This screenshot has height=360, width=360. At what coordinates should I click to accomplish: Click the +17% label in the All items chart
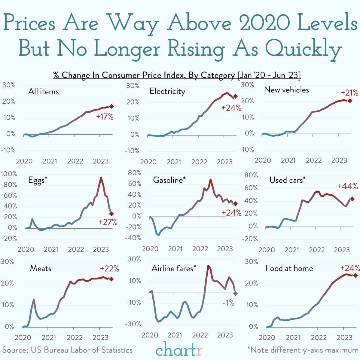point(105,117)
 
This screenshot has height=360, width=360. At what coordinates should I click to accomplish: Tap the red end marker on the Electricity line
point(236,96)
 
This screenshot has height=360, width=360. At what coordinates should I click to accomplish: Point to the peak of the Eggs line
point(101,178)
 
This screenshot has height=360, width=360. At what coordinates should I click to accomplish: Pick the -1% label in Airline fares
point(228,303)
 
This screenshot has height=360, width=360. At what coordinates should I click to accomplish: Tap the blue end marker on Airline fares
point(235,294)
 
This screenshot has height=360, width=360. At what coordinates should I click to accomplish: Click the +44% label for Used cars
point(347,186)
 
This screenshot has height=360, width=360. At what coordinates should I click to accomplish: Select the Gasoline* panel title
point(169,180)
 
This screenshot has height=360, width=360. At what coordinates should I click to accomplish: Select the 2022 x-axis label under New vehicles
point(314,160)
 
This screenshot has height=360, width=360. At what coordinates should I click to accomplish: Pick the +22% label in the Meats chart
point(109,268)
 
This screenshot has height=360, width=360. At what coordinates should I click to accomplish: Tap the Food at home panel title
point(289,268)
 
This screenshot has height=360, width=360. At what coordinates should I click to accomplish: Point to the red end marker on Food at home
point(355,275)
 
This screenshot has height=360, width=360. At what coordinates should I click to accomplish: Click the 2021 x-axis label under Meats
point(49,337)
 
